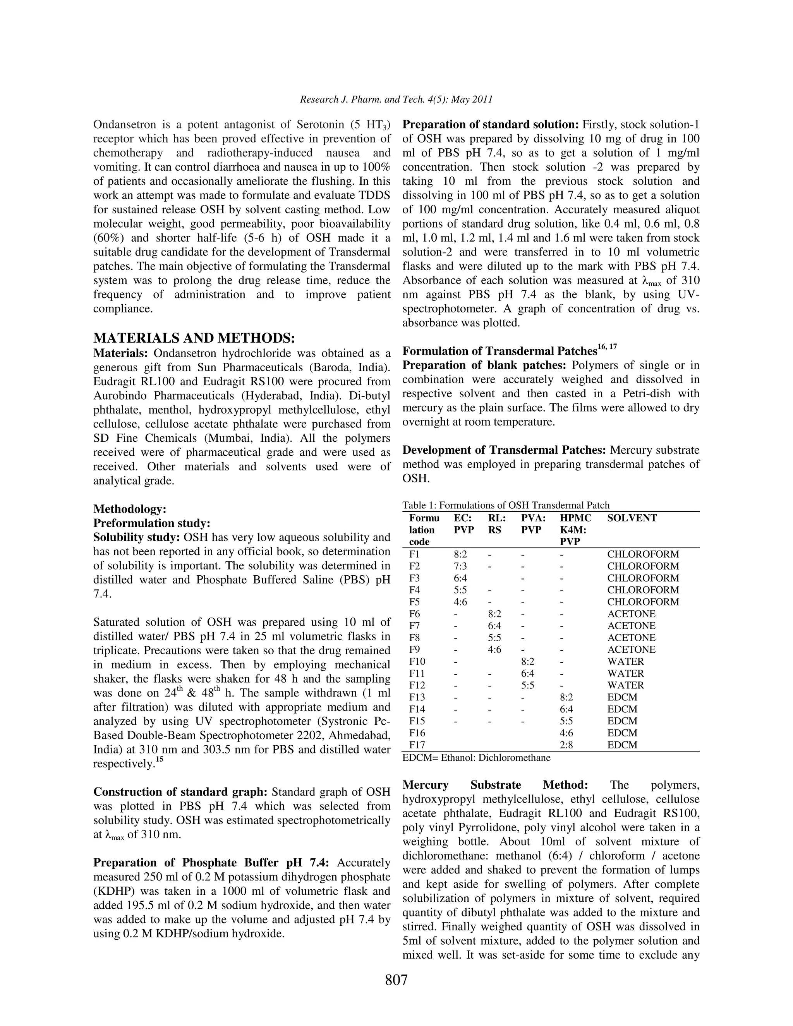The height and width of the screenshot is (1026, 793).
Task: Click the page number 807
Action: (396, 980)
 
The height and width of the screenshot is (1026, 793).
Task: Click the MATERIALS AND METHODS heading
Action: (194, 338)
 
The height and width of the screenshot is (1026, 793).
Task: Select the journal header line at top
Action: (396, 100)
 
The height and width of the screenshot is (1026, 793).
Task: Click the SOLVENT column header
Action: (632, 518)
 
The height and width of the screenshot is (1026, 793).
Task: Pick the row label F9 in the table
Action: (415, 649)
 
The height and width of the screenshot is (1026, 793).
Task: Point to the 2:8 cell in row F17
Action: (566, 745)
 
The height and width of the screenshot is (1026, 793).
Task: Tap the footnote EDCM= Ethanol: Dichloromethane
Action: (476, 757)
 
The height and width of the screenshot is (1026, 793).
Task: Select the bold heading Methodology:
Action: (130, 509)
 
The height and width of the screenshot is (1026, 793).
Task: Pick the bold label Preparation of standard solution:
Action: (491, 125)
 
